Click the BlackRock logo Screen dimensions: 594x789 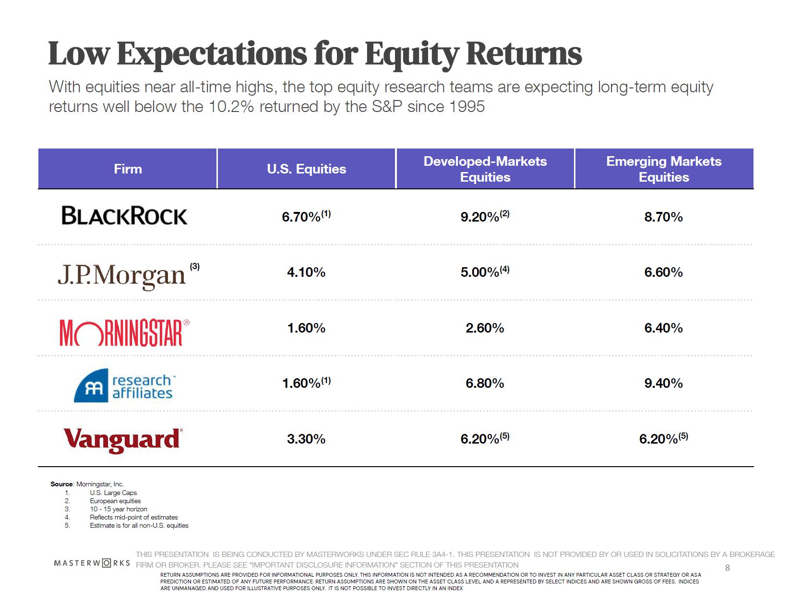click(124, 216)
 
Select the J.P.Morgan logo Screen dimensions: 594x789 click(122, 275)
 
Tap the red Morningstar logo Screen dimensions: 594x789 click(122, 333)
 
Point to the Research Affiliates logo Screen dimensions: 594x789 click(124, 386)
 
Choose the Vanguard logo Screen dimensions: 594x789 click(122, 440)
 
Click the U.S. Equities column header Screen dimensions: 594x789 click(306, 169)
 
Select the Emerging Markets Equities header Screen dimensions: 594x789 click(664, 169)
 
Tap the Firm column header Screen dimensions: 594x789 click(128, 169)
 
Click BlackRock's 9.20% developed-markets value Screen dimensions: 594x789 click(480, 217)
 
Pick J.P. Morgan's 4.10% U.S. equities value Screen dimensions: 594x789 click(306, 272)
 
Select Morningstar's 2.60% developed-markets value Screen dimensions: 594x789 click(485, 328)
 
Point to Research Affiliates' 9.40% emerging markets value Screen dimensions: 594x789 click(663, 384)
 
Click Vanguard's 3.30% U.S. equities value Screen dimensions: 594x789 click(306, 439)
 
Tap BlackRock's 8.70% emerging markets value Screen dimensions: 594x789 click(663, 217)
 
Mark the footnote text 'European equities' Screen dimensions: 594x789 click(115, 501)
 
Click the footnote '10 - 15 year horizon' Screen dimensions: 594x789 click(119, 509)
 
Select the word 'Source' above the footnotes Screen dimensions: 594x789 click(62, 484)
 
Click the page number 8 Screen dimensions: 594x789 click(727, 568)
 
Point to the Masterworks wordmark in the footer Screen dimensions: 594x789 click(92, 563)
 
